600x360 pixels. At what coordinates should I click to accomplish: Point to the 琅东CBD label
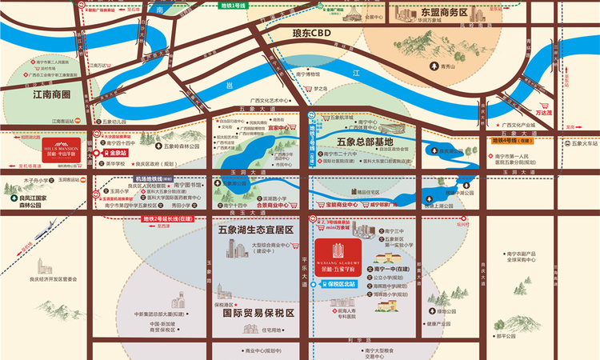point(311,34)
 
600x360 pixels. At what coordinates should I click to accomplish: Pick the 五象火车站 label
point(574,143)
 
